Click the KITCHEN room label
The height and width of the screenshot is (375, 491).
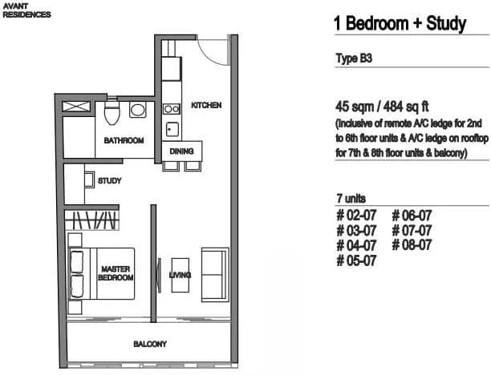(206, 105)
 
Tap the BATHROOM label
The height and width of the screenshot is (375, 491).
(124, 140)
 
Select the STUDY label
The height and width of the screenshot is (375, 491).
(109, 181)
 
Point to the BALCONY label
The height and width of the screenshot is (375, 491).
(150, 344)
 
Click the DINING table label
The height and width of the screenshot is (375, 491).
(181, 151)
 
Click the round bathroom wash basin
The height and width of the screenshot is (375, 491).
(137, 110)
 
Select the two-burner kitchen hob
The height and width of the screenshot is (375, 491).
(172, 109)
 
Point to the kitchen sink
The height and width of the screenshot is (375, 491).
(172, 129)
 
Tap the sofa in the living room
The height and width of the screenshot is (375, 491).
(215, 275)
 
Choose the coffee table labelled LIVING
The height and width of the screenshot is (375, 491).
(181, 275)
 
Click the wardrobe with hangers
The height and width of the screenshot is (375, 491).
(92, 220)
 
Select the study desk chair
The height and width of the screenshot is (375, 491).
(90, 179)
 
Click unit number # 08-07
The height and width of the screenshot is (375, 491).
(412, 245)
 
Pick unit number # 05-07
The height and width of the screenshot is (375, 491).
(356, 260)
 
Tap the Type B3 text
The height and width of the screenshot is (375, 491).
(354, 58)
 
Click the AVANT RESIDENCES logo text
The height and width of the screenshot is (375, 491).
(26, 10)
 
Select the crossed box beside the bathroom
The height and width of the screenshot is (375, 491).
(76, 107)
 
